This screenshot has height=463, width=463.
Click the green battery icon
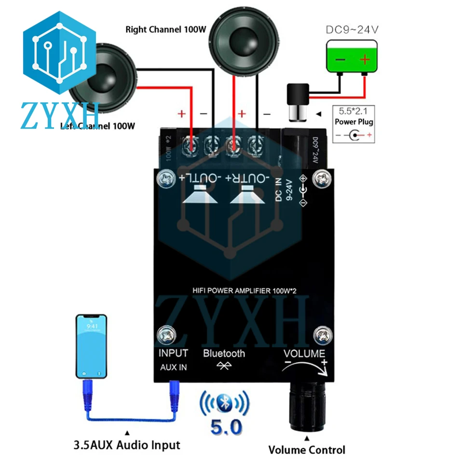point(352,56)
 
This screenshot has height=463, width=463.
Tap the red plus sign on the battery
point(365,60)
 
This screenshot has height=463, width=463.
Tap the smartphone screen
point(91,347)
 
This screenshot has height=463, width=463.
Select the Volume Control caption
point(307,450)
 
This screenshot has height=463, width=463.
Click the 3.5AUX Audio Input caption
point(128,445)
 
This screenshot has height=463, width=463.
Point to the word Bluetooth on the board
point(224,354)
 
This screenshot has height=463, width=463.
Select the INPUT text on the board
point(173,354)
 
